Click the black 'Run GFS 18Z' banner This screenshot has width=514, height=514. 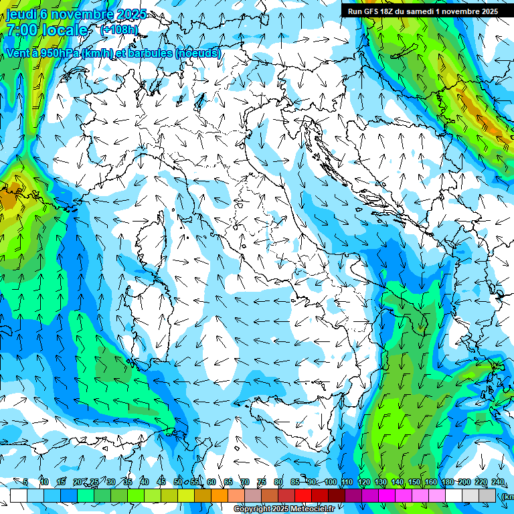[422, 11]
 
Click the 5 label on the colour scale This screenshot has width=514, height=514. [25, 482]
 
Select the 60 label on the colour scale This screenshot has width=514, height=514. [211, 482]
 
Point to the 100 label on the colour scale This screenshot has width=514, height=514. [331, 482]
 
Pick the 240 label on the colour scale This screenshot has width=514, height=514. [497, 482]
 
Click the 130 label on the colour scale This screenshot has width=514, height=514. [381, 482]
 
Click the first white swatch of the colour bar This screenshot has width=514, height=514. [19, 495]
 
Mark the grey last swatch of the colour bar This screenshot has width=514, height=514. [488, 495]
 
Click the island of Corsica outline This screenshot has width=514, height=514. [152, 238]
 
